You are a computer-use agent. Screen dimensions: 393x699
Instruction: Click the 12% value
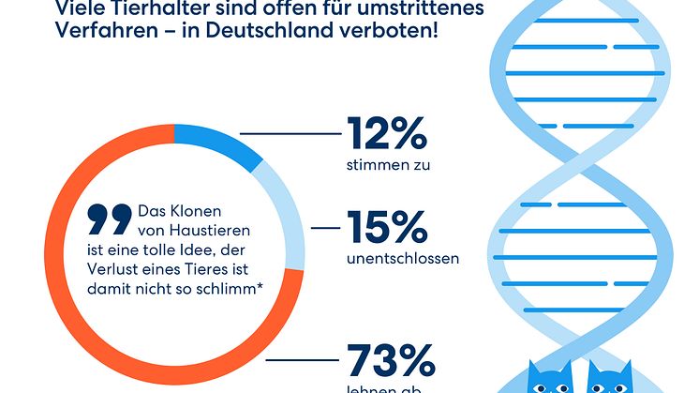pyautogui.click(x=387, y=134)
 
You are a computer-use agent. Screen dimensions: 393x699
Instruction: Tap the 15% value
pyautogui.click(x=387, y=228)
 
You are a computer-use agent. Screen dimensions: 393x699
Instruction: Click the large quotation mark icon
pyautogui.click(x=111, y=219)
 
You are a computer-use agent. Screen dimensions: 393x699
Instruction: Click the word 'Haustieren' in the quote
pyautogui.click(x=211, y=229)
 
